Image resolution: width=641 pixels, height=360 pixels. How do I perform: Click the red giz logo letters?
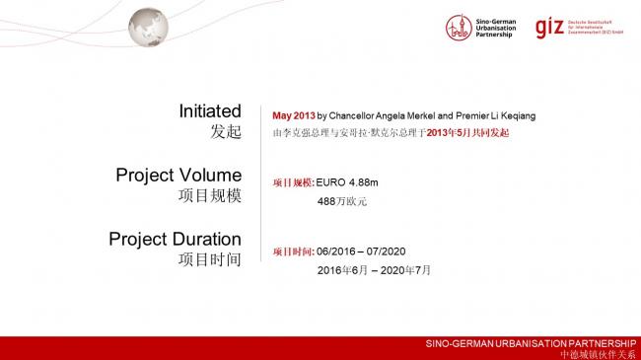pos(548,29)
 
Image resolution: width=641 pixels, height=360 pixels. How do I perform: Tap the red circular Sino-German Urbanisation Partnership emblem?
pos(458,28)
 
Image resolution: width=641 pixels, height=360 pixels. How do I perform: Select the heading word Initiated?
pos(210,110)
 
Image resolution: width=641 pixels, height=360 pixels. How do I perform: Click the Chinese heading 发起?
pos(225,131)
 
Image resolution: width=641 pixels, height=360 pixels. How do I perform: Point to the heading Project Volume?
pos(178,175)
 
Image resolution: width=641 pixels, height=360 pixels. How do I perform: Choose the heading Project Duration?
pos(175,239)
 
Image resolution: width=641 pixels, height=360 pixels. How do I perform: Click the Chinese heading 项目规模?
pos(210,195)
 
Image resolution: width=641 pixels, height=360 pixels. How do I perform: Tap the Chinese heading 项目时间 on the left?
pos(210,259)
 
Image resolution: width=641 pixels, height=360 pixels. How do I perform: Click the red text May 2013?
pos(294,115)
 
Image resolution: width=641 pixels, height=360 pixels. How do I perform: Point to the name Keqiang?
pos(516,115)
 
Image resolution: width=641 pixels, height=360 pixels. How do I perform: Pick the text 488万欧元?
pos(341,201)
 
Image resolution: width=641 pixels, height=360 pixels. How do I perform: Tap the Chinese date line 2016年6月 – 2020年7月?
pos(374,269)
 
